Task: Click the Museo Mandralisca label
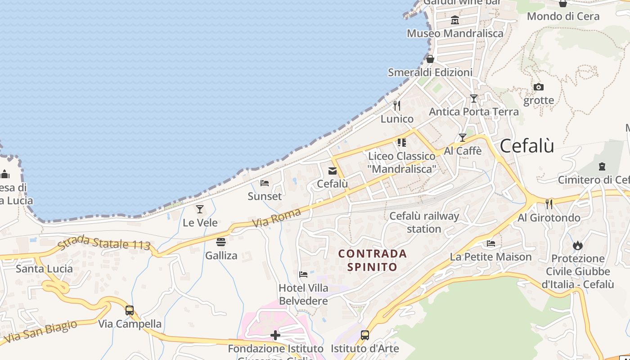click(455, 33)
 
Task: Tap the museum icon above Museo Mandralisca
click(455, 20)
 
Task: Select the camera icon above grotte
click(538, 87)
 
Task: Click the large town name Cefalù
click(526, 146)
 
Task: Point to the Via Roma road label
click(276, 217)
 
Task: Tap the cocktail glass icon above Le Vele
click(200, 209)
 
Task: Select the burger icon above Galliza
click(220, 242)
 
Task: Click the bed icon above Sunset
click(265, 183)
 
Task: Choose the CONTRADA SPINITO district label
click(373, 260)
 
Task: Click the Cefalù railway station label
click(424, 222)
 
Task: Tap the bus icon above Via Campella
click(130, 310)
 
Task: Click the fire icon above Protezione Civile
click(578, 245)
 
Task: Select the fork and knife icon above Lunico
click(396, 105)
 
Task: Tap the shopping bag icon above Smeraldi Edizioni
click(430, 59)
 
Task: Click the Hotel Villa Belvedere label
click(303, 294)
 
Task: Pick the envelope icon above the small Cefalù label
click(332, 171)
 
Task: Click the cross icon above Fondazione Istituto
click(275, 335)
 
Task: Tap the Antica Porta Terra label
click(473, 111)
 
